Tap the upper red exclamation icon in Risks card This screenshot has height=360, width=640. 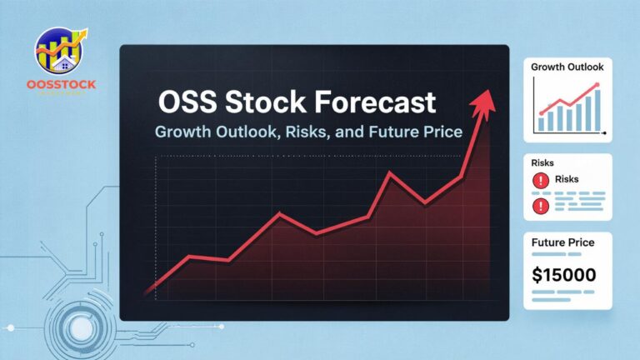pyautogui.click(x=539, y=179)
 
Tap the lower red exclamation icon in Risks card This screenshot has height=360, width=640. pyautogui.click(x=539, y=203)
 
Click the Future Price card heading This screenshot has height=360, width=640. pyautogui.click(x=562, y=242)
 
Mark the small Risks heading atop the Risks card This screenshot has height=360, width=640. pyautogui.click(x=542, y=162)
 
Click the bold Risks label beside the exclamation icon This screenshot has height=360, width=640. pyautogui.click(x=566, y=179)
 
